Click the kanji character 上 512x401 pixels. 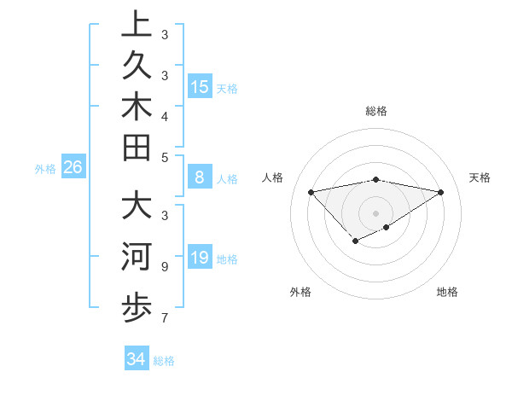[x=137, y=26]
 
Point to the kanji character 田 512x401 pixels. [x=137, y=148]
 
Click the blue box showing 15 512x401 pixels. [x=200, y=86]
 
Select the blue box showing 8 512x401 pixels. [x=200, y=177]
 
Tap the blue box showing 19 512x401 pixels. [x=200, y=258]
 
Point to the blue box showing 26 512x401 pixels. [x=73, y=167]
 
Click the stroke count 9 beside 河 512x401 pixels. [x=164, y=266]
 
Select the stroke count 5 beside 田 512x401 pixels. [x=164, y=157]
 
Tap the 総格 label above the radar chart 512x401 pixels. [x=376, y=111]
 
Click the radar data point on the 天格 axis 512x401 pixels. [x=441, y=192]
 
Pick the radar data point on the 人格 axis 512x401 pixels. [x=311, y=192]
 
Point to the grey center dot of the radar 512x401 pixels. [x=376, y=212]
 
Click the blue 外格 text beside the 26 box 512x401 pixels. [x=45, y=169]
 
